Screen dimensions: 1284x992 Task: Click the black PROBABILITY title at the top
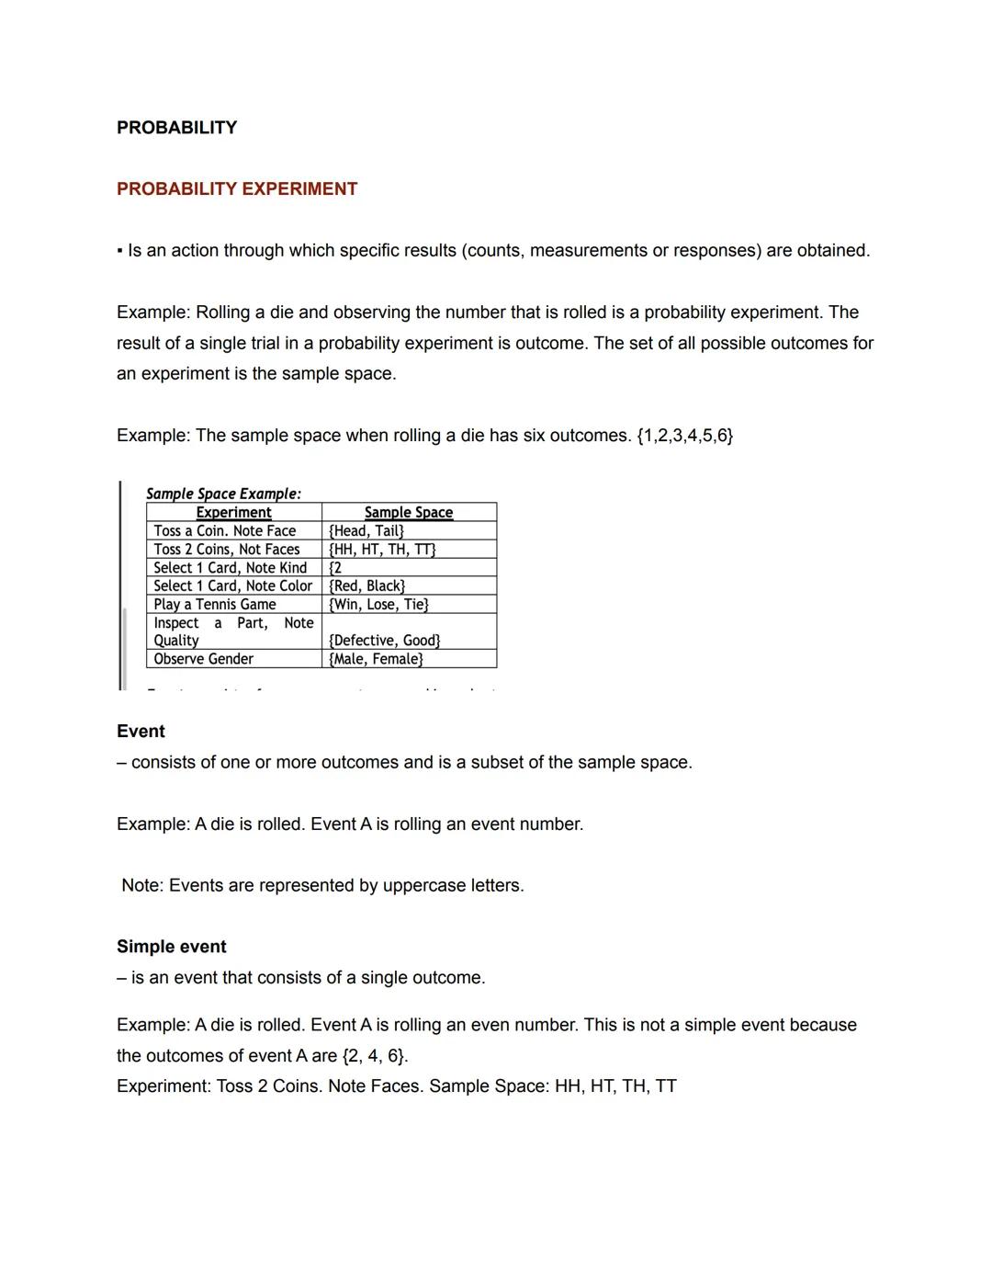pyautogui.click(x=176, y=128)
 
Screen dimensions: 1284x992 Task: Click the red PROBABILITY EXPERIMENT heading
pyautogui.click(x=237, y=189)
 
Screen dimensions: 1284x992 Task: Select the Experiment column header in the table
pyautogui.click(x=233, y=512)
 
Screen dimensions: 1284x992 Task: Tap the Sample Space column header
pyautogui.click(x=408, y=512)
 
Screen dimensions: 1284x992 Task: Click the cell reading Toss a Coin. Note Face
pyautogui.click(x=225, y=530)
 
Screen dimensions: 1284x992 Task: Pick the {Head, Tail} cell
pyautogui.click(x=366, y=530)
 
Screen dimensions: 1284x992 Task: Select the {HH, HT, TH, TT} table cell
pyautogui.click(x=382, y=549)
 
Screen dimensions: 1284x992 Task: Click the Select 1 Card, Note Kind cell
pyautogui.click(x=230, y=567)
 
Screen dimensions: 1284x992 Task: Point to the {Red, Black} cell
pyautogui.click(x=366, y=585)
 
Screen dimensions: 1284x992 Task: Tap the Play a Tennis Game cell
pyautogui.click(x=215, y=604)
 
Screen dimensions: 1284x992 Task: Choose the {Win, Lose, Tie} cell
pyautogui.click(x=378, y=604)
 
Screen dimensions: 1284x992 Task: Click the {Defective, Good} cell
pyautogui.click(x=384, y=640)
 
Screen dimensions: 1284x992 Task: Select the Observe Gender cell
pyautogui.click(x=203, y=658)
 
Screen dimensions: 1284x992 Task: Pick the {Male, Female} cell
pyautogui.click(x=376, y=658)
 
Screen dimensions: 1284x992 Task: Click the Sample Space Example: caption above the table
pyautogui.click(x=223, y=494)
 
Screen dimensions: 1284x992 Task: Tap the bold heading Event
pyautogui.click(x=141, y=732)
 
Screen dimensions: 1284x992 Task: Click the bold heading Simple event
pyautogui.click(x=171, y=947)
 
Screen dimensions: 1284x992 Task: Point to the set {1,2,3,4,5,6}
pyautogui.click(x=684, y=436)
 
